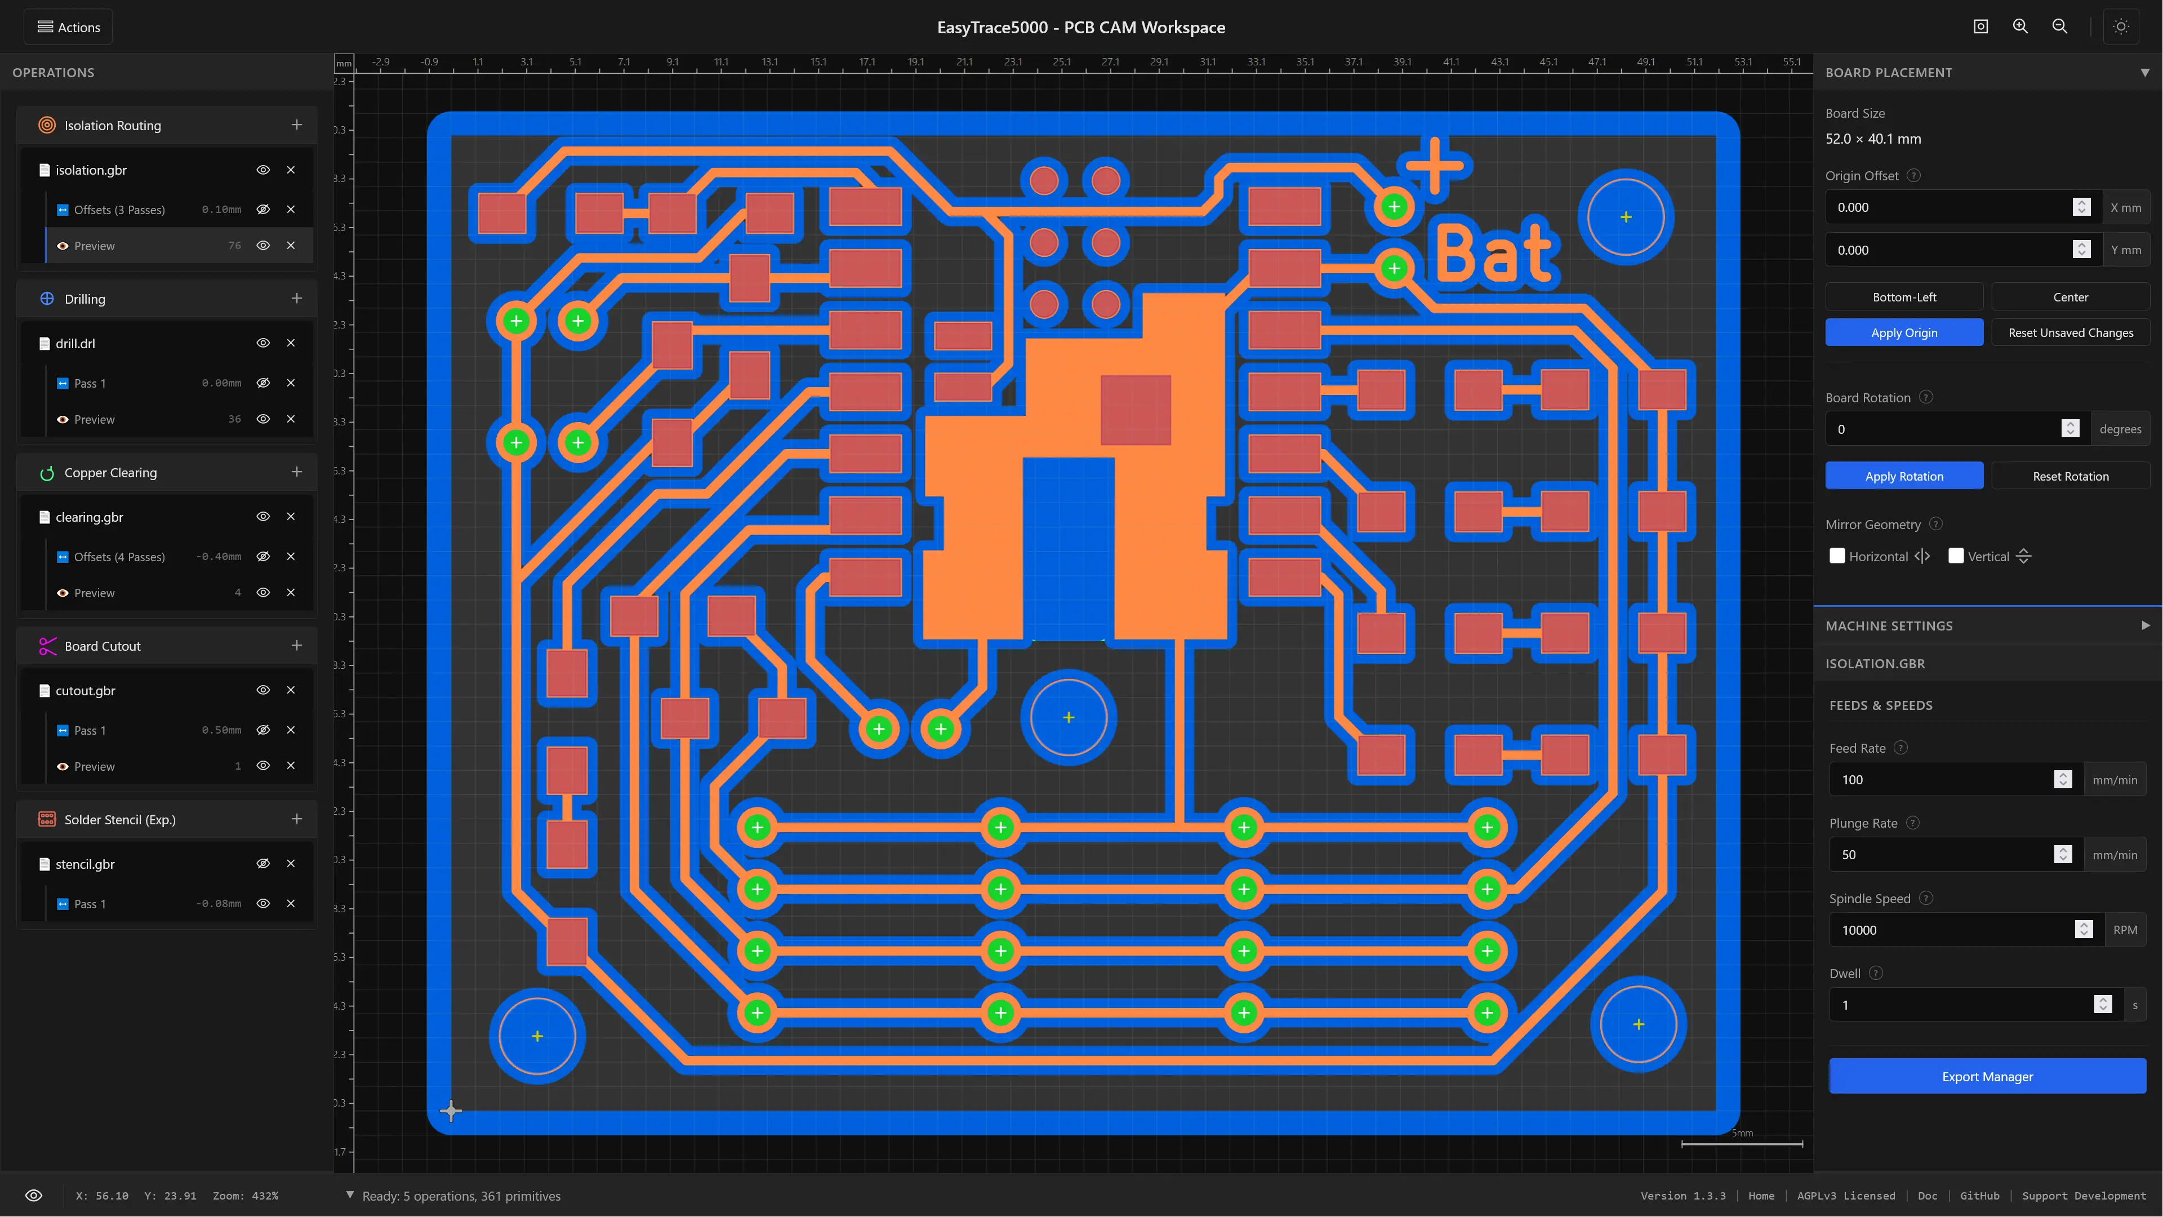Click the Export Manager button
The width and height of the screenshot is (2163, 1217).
(1987, 1076)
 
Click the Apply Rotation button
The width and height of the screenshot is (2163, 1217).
(1903, 476)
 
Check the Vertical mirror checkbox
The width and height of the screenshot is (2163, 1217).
(1956, 556)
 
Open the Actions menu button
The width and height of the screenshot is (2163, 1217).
(68, 27)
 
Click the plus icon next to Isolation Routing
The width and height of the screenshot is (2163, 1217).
(296, 125)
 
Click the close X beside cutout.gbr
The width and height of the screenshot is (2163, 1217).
(291, 690)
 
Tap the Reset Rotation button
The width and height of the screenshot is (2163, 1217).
(2070, 476)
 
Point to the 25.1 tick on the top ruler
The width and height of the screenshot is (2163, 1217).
(1061, 61)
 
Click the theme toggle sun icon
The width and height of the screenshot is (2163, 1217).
(2120, 27)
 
